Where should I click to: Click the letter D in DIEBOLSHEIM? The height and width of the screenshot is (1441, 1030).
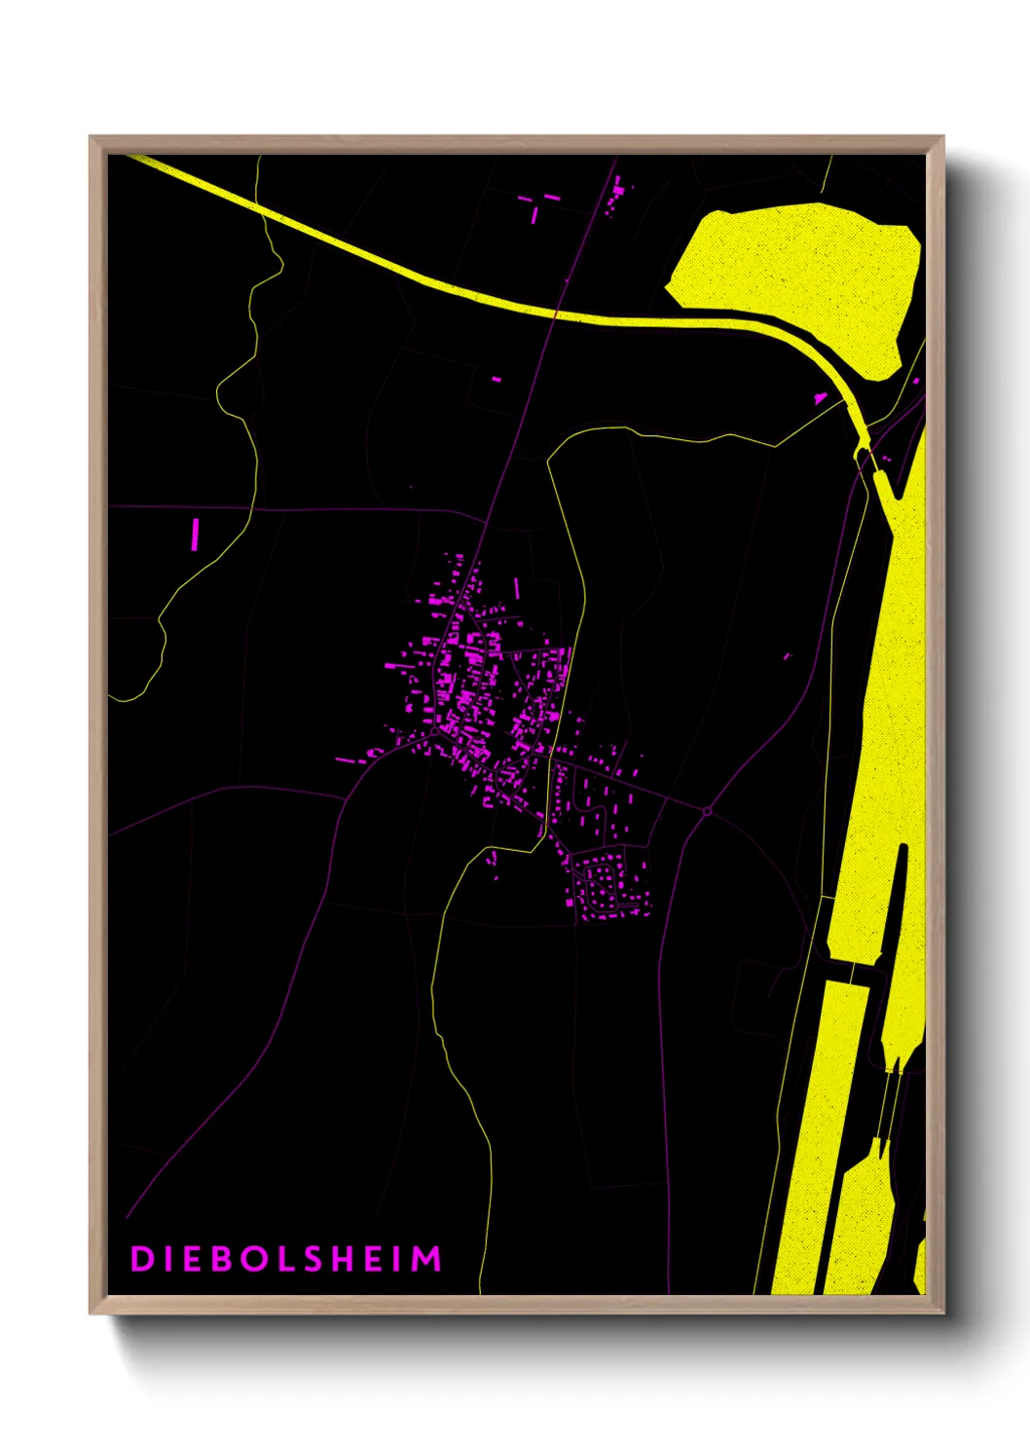click(x=141, y=1259)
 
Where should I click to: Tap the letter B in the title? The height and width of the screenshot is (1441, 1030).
click(x=224, y=1259)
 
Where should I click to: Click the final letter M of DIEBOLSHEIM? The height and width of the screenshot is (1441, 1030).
click(x=427, y=1259)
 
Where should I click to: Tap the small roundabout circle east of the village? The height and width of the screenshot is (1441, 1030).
click(x=708, y=810)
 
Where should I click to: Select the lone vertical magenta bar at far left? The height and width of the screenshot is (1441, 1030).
click(x=196, y=534)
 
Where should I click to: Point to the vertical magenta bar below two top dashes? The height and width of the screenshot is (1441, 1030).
click(x=533, y=214)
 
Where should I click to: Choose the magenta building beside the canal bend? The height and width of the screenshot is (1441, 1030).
click(x=820, y=397)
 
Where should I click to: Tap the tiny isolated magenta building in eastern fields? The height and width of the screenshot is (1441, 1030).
click(x=788, y=656)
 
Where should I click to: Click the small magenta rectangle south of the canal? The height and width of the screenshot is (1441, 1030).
click(x=496, y=379)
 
